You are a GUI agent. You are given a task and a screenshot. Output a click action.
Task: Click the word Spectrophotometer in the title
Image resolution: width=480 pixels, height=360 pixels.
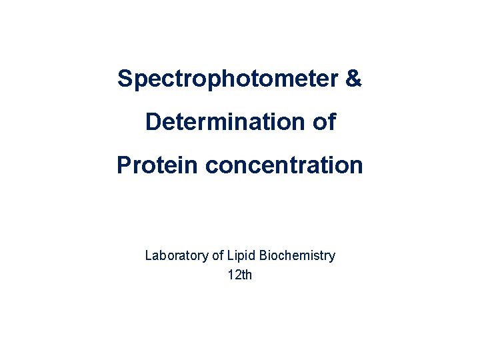(227, 79)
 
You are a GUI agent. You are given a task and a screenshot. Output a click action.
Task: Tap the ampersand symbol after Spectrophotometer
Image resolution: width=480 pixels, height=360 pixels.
(354, 79)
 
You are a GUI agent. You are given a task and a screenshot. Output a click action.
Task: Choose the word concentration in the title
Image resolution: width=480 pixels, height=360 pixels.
(284, 165)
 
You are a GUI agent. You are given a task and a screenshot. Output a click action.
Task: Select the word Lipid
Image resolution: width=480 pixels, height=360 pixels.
(241, 255)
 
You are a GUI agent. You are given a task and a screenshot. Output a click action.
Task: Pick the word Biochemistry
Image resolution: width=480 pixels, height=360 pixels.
(297, 255)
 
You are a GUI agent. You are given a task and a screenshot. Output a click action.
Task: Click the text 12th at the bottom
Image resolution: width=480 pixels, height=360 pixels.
(240, 274)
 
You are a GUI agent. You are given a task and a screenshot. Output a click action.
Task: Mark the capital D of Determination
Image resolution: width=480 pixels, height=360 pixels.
(153, 122)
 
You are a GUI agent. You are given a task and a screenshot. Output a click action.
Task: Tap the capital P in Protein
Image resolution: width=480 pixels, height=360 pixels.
(123, 165)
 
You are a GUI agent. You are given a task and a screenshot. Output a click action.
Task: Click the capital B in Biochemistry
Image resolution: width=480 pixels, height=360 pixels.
(263, 255)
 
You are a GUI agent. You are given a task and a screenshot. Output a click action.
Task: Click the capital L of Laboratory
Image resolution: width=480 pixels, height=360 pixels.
(149, 255)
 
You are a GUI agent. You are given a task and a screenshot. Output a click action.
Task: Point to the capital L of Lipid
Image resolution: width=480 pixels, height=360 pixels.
(230, 255)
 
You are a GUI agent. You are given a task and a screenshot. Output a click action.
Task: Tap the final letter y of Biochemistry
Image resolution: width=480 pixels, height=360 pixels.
(332, 257)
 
